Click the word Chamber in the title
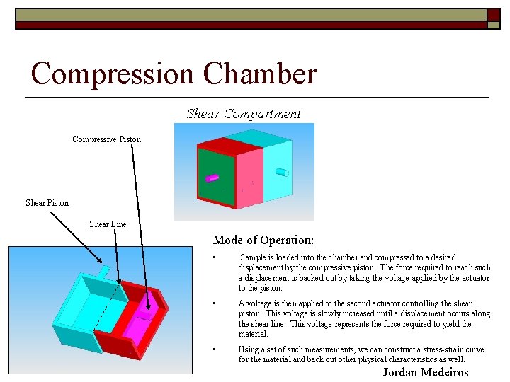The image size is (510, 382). click(260, 74)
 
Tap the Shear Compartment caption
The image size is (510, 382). click(244, 114)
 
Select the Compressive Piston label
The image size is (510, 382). click(106, 139)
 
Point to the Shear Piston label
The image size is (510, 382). click(47, 203)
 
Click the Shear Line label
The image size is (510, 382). click(108, 224)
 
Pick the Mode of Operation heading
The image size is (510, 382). click(263, 241)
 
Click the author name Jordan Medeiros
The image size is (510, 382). click(426, 373)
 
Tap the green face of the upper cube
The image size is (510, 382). click(215, 178)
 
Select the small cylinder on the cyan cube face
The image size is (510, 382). click(281, 172)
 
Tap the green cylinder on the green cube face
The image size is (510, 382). click(210, 178)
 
